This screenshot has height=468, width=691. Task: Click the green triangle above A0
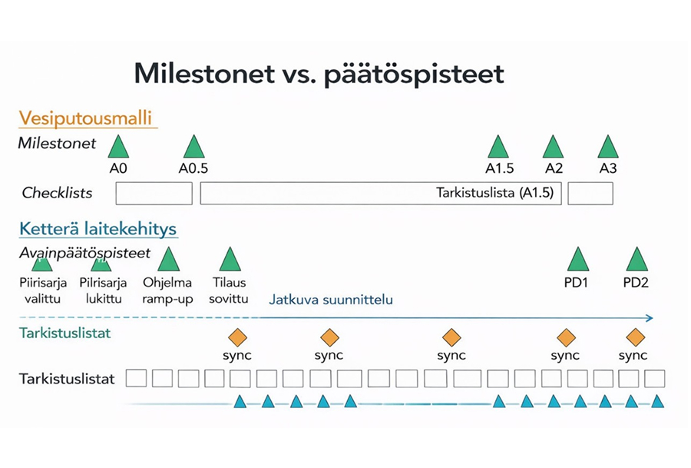pos(117,148)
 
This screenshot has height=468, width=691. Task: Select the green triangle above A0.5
pos(193,148)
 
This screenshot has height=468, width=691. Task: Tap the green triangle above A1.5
pos(498,148)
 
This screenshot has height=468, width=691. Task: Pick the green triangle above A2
pos(553,148)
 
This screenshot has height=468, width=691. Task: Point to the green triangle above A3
pos(607,148)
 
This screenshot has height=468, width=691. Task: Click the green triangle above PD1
pos(578,260)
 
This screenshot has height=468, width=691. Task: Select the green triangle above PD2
pos(636,260)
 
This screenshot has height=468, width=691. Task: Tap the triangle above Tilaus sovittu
pos(230,260)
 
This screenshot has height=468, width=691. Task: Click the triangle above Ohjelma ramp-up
pos(168,260)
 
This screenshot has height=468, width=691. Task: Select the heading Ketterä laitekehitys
pos(98,228)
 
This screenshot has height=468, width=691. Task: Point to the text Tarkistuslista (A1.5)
pos(494,193)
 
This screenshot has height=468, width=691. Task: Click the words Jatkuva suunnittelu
pos(330,299)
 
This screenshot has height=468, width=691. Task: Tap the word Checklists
pos(57,193)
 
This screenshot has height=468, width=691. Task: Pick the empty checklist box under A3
pos(590,194)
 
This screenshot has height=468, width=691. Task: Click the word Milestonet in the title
pos(204,74)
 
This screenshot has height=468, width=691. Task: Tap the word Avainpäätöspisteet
pos(84,252)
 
